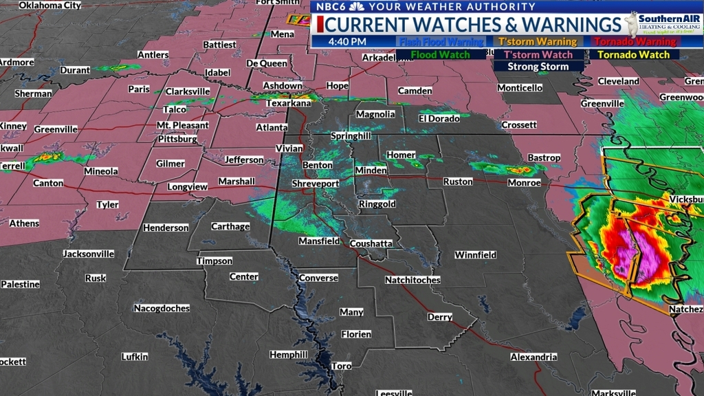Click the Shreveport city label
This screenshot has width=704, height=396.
click(x=316, y=184)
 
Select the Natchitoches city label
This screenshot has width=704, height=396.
click(x=412, y=280)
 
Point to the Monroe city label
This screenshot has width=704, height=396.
click(x=524, y=183)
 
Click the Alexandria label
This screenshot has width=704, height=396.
click(x=533, y=357)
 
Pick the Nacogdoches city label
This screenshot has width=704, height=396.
click(x=162, y=308)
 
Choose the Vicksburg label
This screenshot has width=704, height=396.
click(x=686, y=199)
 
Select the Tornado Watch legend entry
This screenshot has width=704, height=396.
click(x=633, y=55)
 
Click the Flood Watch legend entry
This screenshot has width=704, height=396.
click(x=441, y=55)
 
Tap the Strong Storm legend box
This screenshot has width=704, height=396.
click(x=538, y=67)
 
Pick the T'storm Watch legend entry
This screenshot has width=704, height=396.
click(x=538, y=55)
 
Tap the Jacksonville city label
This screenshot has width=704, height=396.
click(x=89, y=254)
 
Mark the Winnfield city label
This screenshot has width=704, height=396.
click(x=475, y=255)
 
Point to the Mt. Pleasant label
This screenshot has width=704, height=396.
click(x=182, y=125)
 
